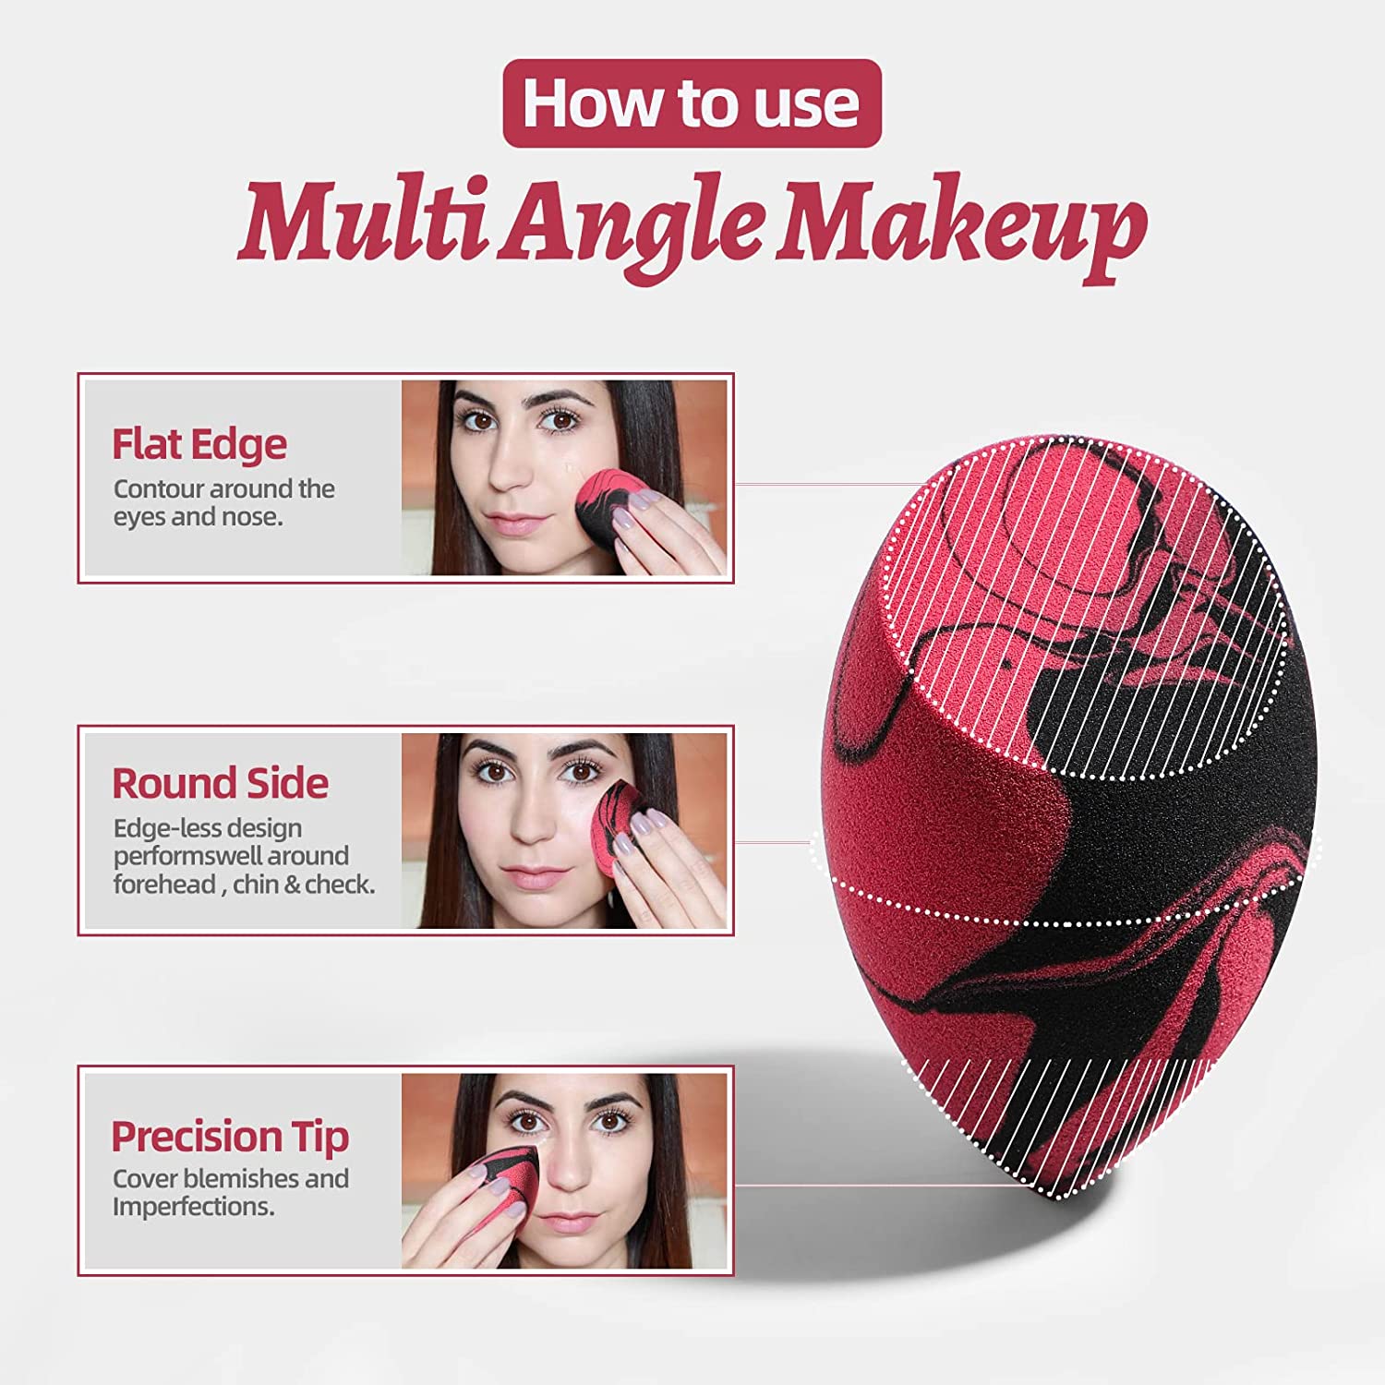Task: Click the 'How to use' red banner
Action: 692,103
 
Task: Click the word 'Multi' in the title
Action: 363,224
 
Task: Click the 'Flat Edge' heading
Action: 199,444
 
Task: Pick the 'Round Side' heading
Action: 220,783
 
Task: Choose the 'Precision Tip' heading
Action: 230,1138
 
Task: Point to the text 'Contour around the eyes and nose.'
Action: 224,502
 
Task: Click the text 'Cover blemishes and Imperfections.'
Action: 231,1192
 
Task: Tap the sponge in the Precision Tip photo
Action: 501,1180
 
